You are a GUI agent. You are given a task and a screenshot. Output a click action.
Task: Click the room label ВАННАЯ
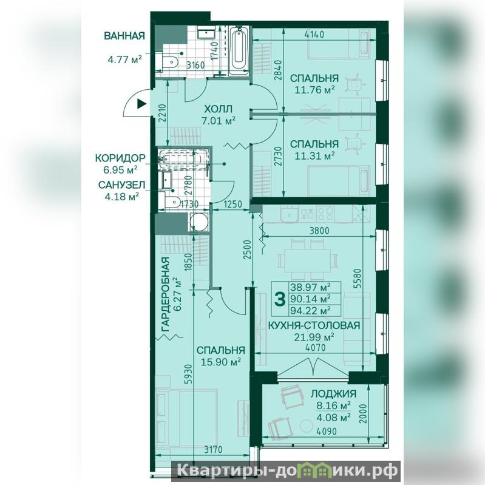tap(124, 36)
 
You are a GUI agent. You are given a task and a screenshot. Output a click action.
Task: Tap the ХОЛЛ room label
tap(218, 109)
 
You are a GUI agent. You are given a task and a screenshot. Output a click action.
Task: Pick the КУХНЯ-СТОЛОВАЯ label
tap(314, 325)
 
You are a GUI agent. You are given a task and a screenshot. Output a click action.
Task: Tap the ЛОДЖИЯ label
tap(333, 394)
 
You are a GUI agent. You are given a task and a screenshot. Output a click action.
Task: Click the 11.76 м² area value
tap(314, 90)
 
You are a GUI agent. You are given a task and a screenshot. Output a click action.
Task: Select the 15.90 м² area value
tap(221, 362)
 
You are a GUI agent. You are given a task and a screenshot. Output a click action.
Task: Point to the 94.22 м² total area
tap(310, 310)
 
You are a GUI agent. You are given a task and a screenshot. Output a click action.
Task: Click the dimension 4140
tap(314, 34)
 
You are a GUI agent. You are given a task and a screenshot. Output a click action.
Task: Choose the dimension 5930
tap(188, 374)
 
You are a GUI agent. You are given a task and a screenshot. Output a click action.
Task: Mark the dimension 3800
tap(319, 231)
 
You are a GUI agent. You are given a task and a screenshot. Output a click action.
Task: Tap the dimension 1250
tap(232, 204)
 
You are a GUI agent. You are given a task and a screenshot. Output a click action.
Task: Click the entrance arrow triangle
tap(141, 104)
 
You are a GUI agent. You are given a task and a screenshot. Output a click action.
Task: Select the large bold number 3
tap(280, 299)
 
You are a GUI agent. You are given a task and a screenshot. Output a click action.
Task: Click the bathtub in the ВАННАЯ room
tap(239, 51)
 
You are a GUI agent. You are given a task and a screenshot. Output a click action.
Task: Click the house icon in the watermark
tap(312, 471)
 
